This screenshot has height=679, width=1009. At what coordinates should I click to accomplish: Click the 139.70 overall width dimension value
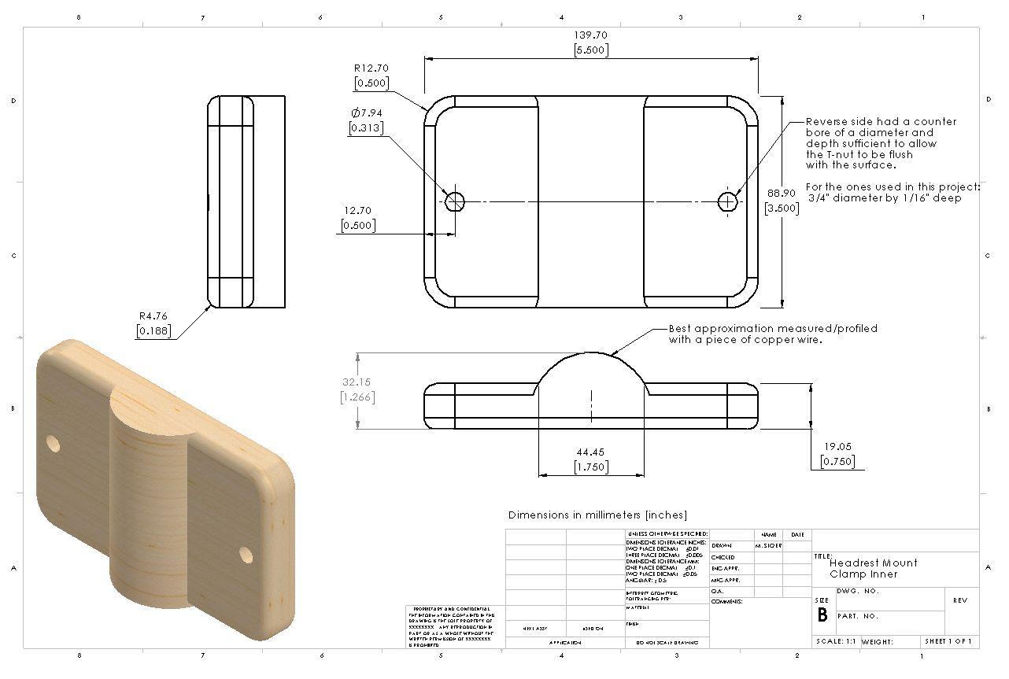tap(590, 35)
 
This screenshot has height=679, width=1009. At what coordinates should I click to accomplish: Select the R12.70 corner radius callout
tap(371, 68)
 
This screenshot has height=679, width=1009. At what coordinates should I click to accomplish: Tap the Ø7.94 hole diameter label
tap(367, 113)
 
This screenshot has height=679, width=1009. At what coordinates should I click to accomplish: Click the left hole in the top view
tap(454, 201)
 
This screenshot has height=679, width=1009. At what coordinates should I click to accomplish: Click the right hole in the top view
tap(728, 201)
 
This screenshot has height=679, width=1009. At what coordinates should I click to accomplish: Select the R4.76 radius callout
tap(153, 316)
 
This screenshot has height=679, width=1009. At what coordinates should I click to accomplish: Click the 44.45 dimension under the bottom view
tap(590, 452)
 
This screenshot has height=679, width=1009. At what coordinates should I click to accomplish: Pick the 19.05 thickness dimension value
tap(837, 448)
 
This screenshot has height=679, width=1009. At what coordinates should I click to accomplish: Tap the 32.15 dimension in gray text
tap(357, 382)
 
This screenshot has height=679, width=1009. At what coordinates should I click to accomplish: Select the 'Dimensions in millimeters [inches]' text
tap(597, 515)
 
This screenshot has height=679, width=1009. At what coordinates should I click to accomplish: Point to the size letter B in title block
tap(822, 615)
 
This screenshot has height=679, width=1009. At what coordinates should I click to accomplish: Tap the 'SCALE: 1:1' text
tap(837, 642)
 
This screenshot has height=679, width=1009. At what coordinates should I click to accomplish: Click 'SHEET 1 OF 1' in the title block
tap(948, 642)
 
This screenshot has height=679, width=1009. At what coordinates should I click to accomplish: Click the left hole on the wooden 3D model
tap(53, 444)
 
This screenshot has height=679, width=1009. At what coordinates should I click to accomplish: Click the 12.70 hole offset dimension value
tap(357, 211)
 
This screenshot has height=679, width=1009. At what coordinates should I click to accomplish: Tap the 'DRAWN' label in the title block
tap(722, 545)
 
